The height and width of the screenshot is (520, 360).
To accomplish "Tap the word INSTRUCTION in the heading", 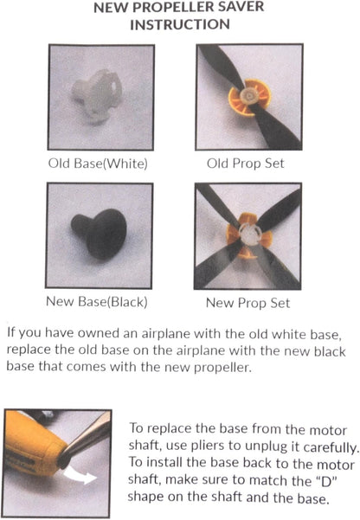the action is [x=180, y=24].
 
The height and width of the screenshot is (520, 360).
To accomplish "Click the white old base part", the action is [x=97, y=95].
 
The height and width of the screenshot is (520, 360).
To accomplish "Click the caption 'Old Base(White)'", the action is [x=98, y=164].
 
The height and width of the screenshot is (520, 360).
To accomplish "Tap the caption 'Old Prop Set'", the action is [x=246, y=164].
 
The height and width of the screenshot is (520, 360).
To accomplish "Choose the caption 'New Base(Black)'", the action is [x=97, y=301].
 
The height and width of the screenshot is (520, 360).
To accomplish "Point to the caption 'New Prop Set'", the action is [x=247, y=303].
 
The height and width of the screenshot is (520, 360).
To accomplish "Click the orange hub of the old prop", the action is [x=249, y=98].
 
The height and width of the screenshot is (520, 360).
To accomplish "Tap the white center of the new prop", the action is [x=250, y=234].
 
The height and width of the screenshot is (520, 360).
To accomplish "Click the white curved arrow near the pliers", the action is [x=80, y=474].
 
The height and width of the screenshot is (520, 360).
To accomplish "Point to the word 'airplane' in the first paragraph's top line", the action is [x=165, y=333].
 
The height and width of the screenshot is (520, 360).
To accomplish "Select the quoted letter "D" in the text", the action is [x=326, y=480].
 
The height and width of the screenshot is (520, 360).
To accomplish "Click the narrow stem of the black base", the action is [x=80, y=226].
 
